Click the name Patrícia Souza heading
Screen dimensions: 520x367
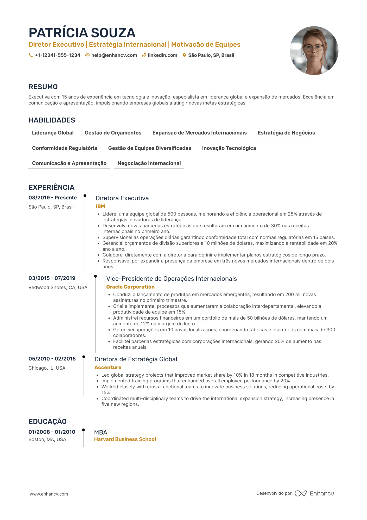(x=82, y=33)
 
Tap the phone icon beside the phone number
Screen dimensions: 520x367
(x=31, y=55)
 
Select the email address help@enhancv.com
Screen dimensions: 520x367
(x=114, y=55)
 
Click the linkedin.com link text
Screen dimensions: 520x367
(x=162, y=55)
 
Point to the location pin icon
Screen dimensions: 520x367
(x=184, y=55)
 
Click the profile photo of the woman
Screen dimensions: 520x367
(x=314, y=51)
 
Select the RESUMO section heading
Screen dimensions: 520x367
(x=43, y=87)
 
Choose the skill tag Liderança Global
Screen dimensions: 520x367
(x=53, y=133)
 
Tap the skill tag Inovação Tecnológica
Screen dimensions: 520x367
(x=229, y=148)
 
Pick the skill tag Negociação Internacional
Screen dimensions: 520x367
(x=149, y=163)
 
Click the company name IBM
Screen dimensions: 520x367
(x=100, y=206)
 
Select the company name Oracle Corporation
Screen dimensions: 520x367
(x=130, y=287)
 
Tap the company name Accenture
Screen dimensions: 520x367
(x=108, y=368)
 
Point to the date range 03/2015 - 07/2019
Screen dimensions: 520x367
(x=52, y=278)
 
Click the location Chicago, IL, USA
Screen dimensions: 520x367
(x=47, y=368)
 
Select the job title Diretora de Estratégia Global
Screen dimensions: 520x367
(x=136, y=359)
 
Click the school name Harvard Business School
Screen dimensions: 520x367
(x=125, y=439)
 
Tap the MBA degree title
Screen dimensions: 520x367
(x=101, y=432)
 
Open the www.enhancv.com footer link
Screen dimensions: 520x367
(x=49, y=494)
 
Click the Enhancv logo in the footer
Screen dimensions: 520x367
(x=314, y=493)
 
